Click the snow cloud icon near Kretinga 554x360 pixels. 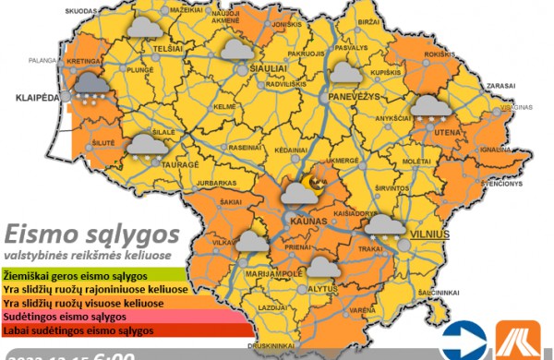(x=89, y=86)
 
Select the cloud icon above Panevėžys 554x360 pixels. (x=345, y=73)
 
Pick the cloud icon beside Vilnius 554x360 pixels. (x=385, y=226)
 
